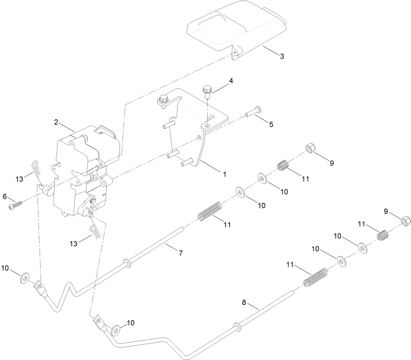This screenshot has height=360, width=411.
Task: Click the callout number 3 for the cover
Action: click(282, 56)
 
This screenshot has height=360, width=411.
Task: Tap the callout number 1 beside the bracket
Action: click(224, 174)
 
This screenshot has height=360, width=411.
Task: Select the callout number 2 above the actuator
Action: click(56, 122)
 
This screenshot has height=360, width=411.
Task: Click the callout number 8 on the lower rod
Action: click(244, 302)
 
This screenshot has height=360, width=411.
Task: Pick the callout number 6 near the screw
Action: click(5, 196)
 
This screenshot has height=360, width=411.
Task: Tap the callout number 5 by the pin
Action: click(271, 124)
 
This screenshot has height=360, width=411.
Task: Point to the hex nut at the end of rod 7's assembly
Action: click(310, 149)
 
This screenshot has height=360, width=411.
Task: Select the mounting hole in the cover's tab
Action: click(235, 53)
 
